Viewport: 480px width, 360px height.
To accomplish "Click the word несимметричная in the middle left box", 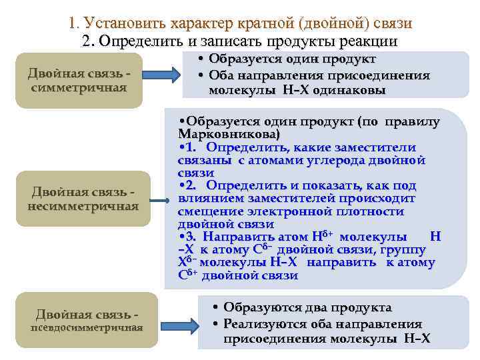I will coord(83,206).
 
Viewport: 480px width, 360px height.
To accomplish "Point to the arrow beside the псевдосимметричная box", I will coord(185,325).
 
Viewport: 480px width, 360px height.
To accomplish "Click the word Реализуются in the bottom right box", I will coord(263,323).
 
